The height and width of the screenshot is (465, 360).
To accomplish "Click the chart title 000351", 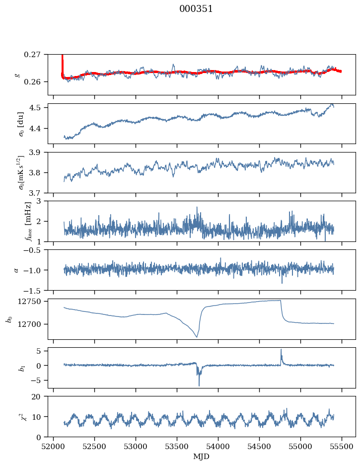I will coord(196,9).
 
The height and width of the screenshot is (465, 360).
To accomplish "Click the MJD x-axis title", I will coord(201,457).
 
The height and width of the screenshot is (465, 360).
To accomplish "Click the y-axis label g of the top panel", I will coord(17,75).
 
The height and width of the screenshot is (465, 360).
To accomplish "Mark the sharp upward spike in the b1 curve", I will coord(281,350).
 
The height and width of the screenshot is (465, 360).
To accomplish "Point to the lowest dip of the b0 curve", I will coord(197,337).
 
